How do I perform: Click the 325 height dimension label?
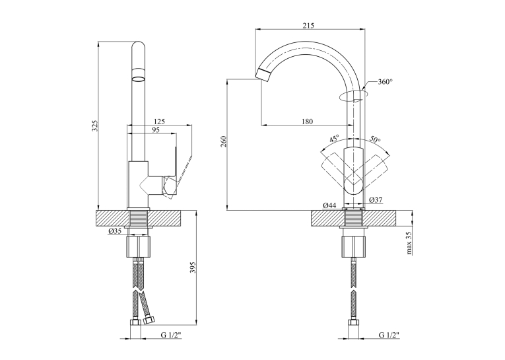pyautogui.click(x=94, y=126)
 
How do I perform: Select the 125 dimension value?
pyautogui.click(x=159, y=122)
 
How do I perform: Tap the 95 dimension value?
pyautogui.click(x=156, y=129)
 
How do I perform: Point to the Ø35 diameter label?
pyautogui.click(x=115, y=231)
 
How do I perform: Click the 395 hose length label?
pyautogui.click(x=193, y=268)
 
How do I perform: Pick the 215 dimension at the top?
pyautogui.click(x=308, y=26)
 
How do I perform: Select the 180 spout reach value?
pyautogui.click(x=307, y=122)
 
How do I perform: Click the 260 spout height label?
pyautogui.click(x=224, y=141)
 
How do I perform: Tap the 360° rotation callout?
pyautogui.click(x=386, y=82)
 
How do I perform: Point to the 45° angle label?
pyautogui.click(x=334, y=139)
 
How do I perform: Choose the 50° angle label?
pyautogui.click(x=375, y=139)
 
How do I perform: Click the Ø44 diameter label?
pyautogui.click(x=330, y=205)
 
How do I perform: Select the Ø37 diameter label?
pyautogui.click(x=376, y=200)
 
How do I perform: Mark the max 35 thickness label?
pyautogui.click(x=409, y=242)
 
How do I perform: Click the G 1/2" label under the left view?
pyautogui.click(x=171, y=335)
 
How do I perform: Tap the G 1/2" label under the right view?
pyautogui.click(x=389, y=335)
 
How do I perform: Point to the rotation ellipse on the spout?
pyautogui.click(x=354, y=96)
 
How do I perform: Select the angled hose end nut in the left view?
pyautogui.click(x=149, y=320)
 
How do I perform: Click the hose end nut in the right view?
pyautogui.click(x=354, y=323)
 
